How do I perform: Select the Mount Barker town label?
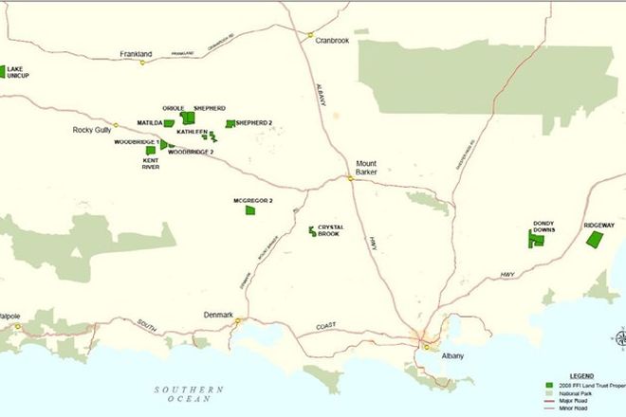coord(366,168)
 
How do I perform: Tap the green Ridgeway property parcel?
coord(596,240)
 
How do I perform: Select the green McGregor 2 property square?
coord(250,209)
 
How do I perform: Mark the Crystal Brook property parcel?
coord(312,230)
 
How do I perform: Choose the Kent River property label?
coord(151,163)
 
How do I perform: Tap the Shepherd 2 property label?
coord(254,123)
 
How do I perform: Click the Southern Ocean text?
coord(191,393)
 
